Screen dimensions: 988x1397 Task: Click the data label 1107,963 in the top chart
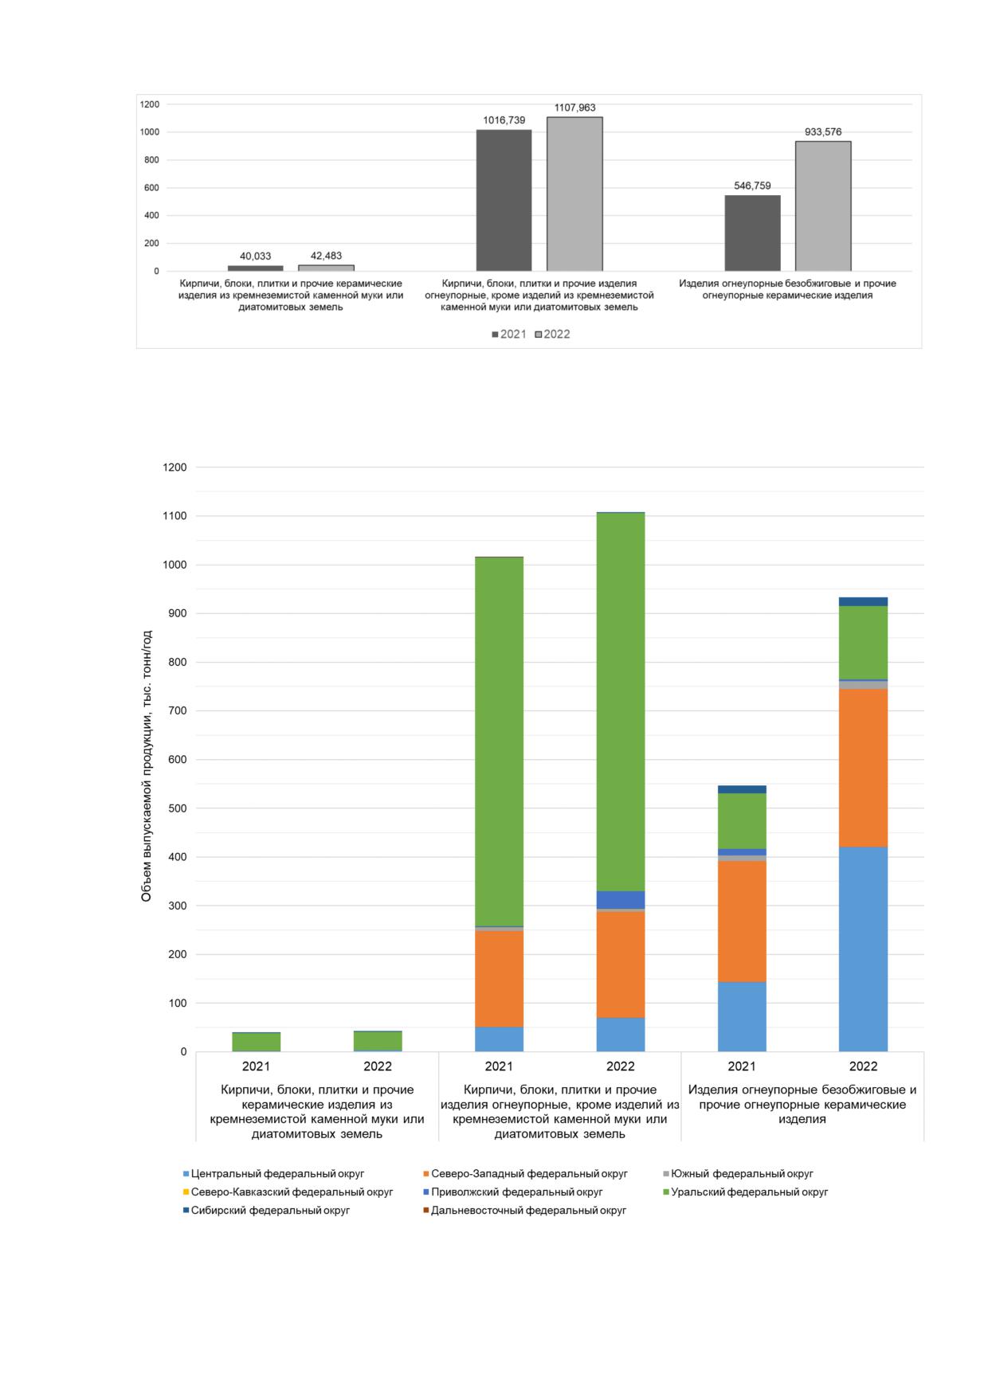coord(574,108)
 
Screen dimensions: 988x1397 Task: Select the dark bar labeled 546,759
coord(752,233)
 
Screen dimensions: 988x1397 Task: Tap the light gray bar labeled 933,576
coord(823,206)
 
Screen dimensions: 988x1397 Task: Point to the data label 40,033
coord(255,256)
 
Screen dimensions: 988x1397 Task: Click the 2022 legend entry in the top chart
coord(552,335)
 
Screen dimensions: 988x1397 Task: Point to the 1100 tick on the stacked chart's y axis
coord(174,516)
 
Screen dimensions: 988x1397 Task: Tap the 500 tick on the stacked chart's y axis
coord(177,808)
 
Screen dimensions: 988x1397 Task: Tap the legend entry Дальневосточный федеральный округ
coord(524,1211)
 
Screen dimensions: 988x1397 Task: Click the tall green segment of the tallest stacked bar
coord(621,702)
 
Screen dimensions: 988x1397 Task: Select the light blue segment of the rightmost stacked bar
coord(863,949)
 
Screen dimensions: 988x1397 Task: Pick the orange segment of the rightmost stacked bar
coord(863,768)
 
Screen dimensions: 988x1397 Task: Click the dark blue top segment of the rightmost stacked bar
coord(863,601)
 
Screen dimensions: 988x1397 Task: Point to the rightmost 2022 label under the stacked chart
coord(863,1066)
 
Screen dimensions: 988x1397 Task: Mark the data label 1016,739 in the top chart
coord(504,120)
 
